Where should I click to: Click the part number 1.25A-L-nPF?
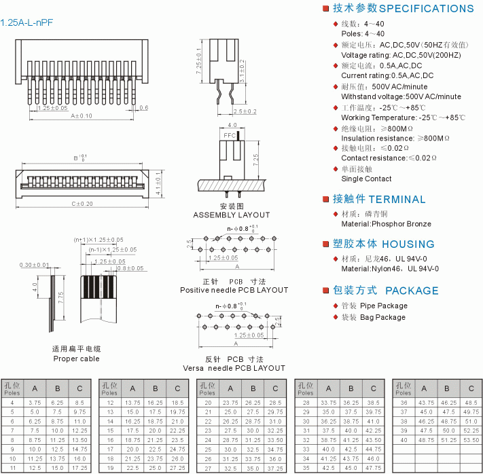(26, 22)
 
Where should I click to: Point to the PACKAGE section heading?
(385, 291)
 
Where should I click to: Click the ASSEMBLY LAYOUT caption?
(231, 215)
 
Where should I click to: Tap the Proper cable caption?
(76, 359)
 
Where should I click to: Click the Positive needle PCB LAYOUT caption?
(234, 290)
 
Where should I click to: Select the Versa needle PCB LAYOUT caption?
(234, 368)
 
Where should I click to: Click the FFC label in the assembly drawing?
(230, 136)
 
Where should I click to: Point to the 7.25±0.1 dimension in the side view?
(198, 60)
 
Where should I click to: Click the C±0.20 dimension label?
(82, 204)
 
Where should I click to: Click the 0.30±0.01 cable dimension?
(35, 265)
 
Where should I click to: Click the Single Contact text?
(366, 179)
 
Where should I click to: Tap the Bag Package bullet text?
(382, 317)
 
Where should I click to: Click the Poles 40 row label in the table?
(404, 440)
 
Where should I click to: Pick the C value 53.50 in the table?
(470, 440)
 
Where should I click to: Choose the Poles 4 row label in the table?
(13, 403)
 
